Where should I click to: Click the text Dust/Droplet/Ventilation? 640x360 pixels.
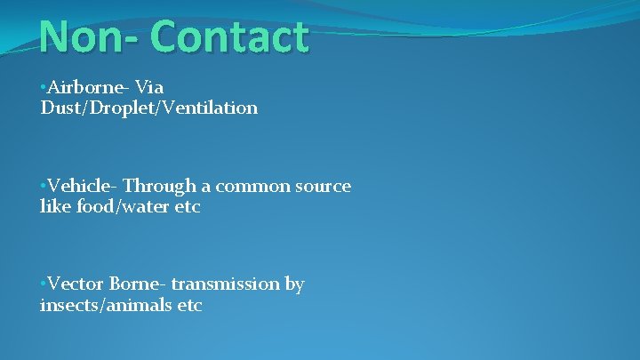pos(148,108)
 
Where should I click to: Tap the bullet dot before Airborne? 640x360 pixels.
pos(43,88)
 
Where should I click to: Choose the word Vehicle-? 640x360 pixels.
pos(83,187)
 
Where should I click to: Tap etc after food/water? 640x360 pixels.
pos(188,207)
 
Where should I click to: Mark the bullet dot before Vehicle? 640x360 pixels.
pos(43,188)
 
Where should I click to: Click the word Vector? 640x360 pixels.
pos(76,284)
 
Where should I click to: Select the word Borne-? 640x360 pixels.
pos(138,284)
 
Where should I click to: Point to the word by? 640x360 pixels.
pos(294,285)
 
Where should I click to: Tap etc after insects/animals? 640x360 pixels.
pos(188,306)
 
